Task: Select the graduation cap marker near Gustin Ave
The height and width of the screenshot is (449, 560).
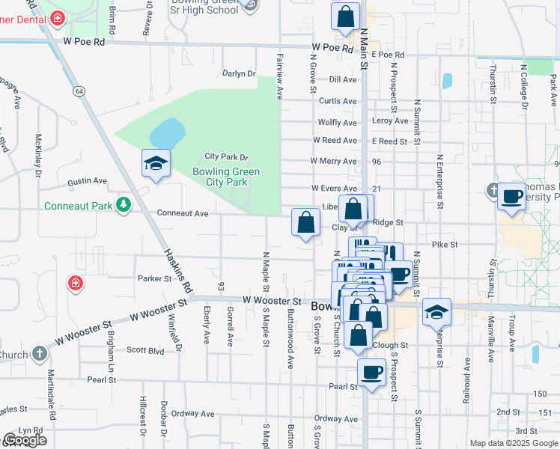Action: pos(156,164)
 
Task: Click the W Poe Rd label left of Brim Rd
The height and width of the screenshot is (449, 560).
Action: pos(84,42)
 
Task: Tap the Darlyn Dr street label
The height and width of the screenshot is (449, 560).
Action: pos(239,73)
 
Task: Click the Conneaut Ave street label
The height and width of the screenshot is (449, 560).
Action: pos(182,213)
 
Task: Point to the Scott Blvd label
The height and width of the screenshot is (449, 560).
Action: pos(145,349)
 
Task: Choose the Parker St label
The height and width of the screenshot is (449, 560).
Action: pos(155,278)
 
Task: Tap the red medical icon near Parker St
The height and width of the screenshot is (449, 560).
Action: pos(76,283)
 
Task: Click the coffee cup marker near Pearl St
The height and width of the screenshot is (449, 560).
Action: pos(371,372)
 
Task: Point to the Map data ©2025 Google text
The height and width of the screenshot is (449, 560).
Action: pos(513,443)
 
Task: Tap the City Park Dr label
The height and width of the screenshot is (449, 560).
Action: pos(226,157)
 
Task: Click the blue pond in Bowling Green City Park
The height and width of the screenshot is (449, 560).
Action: pos(167,134)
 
